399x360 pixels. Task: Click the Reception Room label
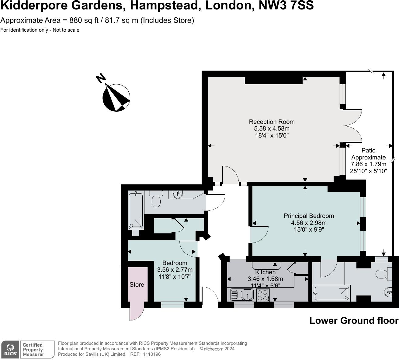pyautogui.click(x=272, y=122)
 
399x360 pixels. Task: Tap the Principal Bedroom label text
pyautogui.click(x=309, y=216)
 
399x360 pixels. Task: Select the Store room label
pyautogui.click(x=137, y=285)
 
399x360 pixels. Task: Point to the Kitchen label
pyautogui.click(x=265, y=272)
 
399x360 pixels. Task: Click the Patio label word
pyautogui.click(x=368, y=150)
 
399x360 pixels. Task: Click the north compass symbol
pyautogui.click(x=116, y=97)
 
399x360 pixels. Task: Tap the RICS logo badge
pyautogui.click(x=11, y=349)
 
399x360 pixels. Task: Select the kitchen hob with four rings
pyautogui.click(x=263, y=295)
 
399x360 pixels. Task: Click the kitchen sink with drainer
pyautogui.click(x=242, y=295)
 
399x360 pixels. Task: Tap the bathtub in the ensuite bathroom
pyautogui.click(x=331, y=293)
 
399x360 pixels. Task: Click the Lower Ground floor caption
pyautogui.click(x=354, y=320)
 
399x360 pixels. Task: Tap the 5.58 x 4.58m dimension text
pyautogui.click(x=272, y=129)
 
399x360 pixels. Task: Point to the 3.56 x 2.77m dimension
pyautogui.click(x=175, y=270)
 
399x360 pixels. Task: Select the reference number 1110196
pyautogui.click(x=151, y=354)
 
